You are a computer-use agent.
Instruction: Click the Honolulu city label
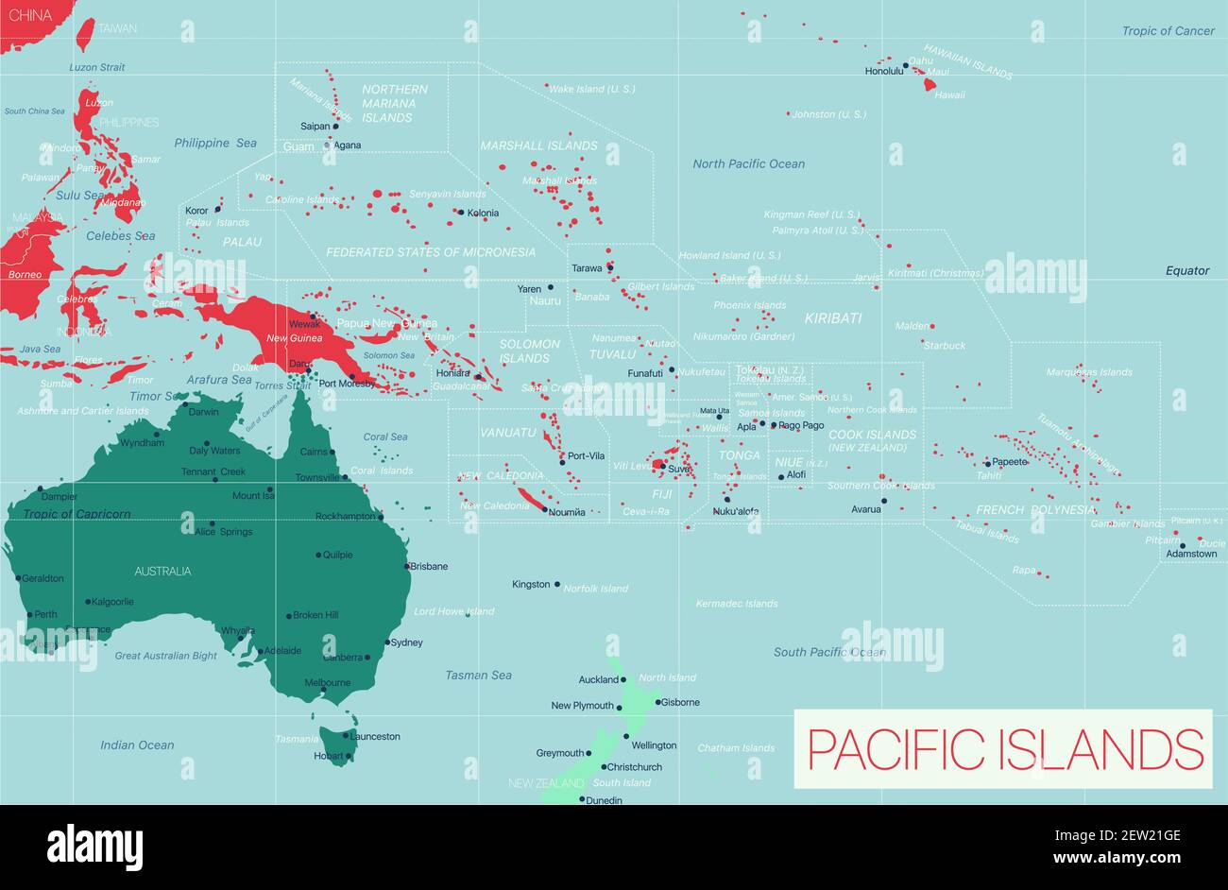pyautogui.click(x=883, y=71)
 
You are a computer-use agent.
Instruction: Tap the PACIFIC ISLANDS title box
pyautogui.click(x=1002, y=748)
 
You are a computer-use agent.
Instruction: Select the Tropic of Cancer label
pyautogui.click(x=1168, y=31)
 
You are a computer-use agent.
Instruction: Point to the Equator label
pyautogui.click(x=1186, y=270)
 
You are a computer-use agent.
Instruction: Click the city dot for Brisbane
pyautogui.click(x=408, y=567)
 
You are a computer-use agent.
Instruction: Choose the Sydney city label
pyautogui.click(x=406, y=642)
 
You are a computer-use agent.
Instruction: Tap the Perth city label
pyautogui.click(x=45, y=614)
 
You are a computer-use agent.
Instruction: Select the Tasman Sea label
pyautogui.click(x=478, y=676)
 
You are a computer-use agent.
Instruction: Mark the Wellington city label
pyautogui.click(x=654, y=745)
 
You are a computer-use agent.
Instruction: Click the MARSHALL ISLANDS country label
pyautogui.click(x=538, y=145)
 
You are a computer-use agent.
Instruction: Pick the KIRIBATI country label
pyautogui.click(x=832, y=318)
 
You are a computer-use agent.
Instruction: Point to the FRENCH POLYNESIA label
pyautogui.click(x=1034, y=510)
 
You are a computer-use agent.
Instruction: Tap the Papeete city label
pyautogui.click(x=1009, y=462)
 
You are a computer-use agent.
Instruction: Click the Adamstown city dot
pyautogui.click(x=1182, y=544)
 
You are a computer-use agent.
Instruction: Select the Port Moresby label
pyautogui.click(x=348, y=384)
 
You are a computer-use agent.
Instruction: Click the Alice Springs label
pyautogui.click(x=223, y=532)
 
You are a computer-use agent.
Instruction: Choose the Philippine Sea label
pyautogui.click(x=214, y=143)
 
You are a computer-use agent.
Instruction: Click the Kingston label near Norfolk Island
pyautogui.click(x=530, y=585)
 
